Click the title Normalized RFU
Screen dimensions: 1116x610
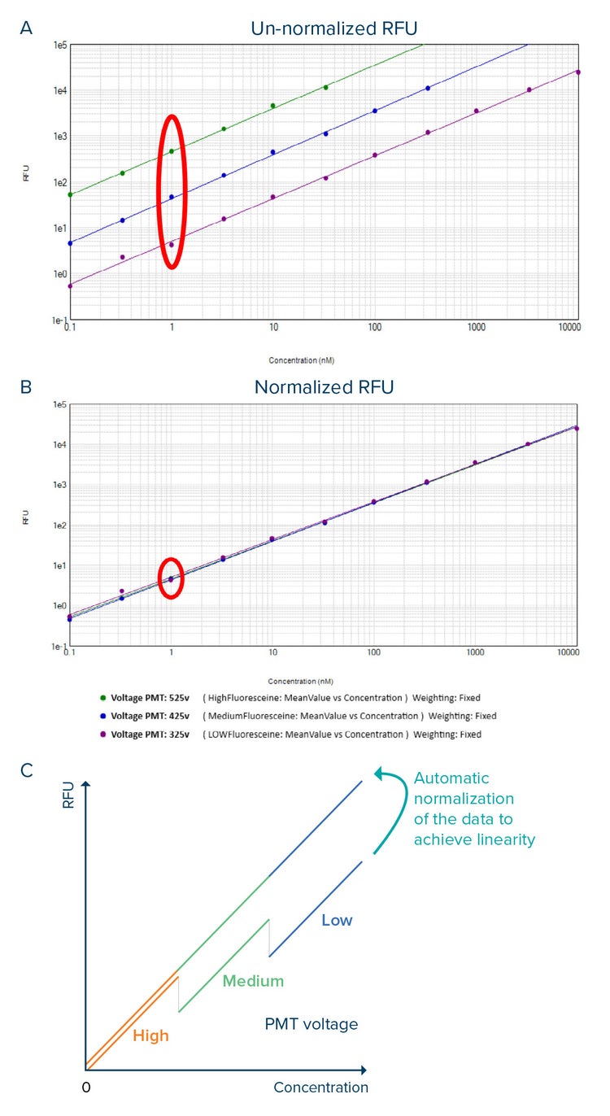324,387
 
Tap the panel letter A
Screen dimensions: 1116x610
27,28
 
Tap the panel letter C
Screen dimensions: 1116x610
27,769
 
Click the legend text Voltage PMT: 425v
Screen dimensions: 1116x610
150,716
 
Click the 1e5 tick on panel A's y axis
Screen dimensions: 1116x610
59,46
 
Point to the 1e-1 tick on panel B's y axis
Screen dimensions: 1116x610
59,647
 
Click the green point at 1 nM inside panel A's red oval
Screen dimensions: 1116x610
172,151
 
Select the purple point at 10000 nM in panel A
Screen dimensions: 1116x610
577,72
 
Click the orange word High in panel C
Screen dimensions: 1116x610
151,1035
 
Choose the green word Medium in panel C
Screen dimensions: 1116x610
253,981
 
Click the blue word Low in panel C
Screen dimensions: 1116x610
337,920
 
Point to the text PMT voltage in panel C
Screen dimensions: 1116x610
311,1024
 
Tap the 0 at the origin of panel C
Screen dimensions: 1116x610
85,1088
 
